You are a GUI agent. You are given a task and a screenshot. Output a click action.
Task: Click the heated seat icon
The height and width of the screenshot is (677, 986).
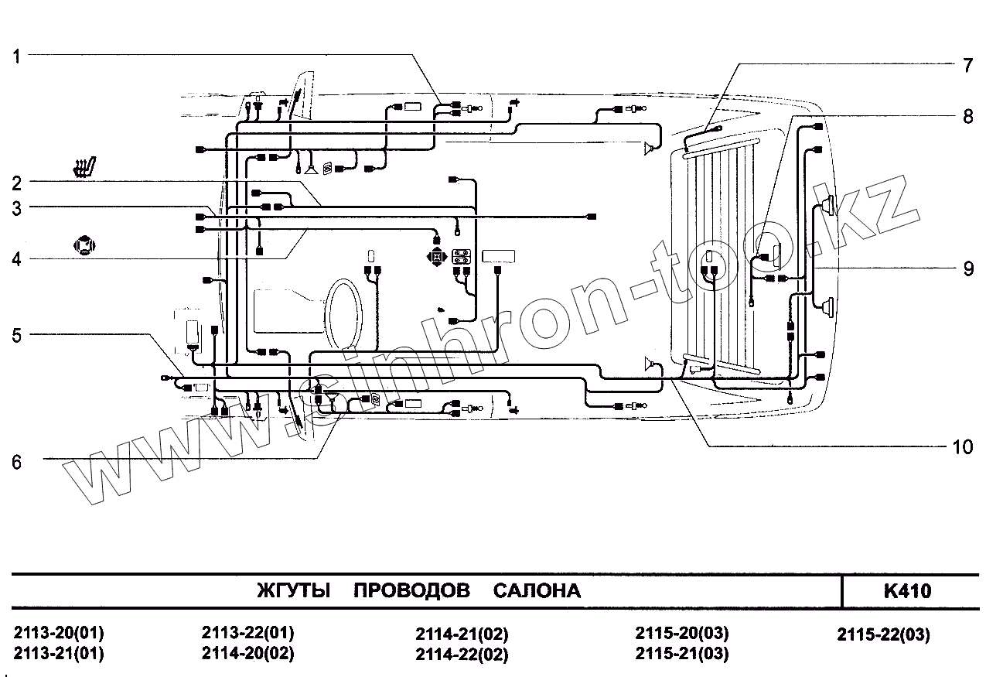[84, 168]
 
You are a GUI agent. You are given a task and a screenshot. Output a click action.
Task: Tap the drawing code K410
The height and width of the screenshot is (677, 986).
[907, 592]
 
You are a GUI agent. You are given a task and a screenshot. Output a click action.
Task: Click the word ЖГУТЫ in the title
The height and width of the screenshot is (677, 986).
[293, 592]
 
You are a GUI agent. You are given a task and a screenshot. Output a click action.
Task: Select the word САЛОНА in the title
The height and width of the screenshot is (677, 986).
[537, 592]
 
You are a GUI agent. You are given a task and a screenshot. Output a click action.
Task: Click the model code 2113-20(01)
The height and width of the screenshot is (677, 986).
[59, 632]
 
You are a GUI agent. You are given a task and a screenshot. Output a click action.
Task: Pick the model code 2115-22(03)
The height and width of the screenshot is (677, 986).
[883, 635]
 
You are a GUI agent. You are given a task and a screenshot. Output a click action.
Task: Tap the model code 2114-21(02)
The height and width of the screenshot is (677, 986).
[462, 635]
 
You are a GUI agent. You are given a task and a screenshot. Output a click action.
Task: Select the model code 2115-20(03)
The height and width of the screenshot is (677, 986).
[682, 633]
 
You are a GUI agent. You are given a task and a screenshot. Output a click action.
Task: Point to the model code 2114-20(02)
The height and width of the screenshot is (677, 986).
[247, 652]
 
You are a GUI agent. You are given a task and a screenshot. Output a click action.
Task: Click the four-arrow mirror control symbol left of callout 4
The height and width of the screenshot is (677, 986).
[83, 247]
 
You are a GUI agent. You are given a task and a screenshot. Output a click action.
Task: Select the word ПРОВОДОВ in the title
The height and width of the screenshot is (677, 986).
[411, 592]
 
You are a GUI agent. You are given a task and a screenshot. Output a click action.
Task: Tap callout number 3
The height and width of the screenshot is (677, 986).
[17, 207]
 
